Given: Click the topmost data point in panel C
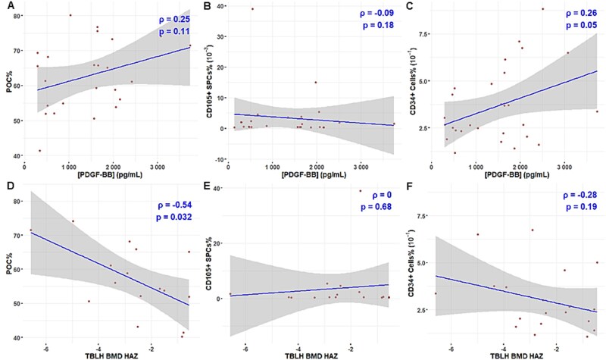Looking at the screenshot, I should point(542,9).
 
